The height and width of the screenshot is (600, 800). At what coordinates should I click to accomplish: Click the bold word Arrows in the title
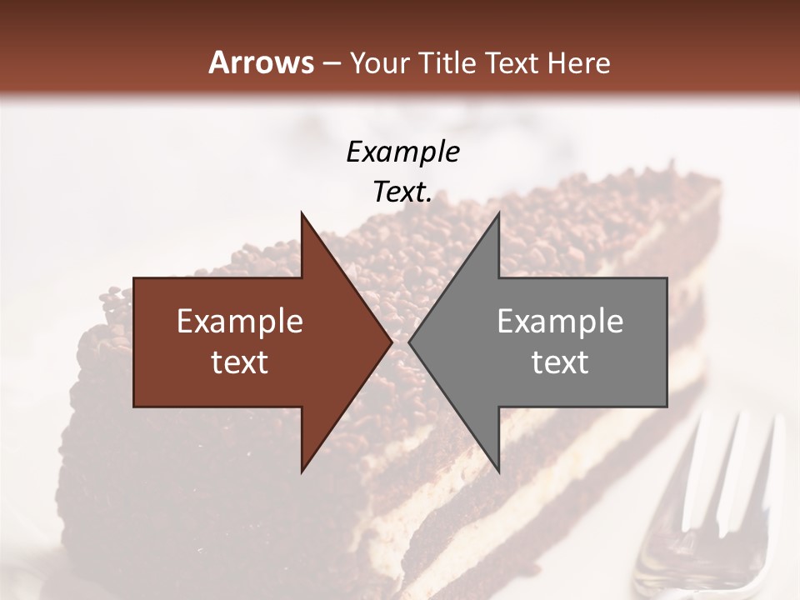pyautogui.click(x=261, y=62)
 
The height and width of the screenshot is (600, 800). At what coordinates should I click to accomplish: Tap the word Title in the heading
pyautogui.click(x=447, y=62)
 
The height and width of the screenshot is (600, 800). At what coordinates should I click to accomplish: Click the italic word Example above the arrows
pyautogui.click(x=402, y=152)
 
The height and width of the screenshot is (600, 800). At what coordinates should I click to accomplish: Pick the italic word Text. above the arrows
pyautogui.click(x=402, y=192)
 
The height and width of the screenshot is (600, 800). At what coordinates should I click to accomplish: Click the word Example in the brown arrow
pyautogui.click(x=240, y=321)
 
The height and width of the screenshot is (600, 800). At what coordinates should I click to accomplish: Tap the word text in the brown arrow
pyautogui.click(x=240, y=362)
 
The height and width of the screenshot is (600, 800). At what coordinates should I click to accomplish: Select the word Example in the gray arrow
pyautogui.click(x=560, y=321)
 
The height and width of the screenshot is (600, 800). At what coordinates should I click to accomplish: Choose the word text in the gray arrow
pyautogui.click(x=560, y=362)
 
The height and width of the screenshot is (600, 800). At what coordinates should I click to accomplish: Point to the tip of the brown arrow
pyautogui.click(x=391, y=342)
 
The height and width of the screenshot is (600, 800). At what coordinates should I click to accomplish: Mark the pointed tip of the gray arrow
pyautogui.click(x=410, y=342)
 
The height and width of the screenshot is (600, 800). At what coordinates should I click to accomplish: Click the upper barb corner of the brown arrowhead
pyautogui.click(x=302, y=213)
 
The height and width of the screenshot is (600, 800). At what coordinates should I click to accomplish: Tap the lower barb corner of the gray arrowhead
pyautogui.click(x=498, y=471)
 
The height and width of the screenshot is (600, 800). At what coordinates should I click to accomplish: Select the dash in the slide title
pyautogui.click(x=330, y=63)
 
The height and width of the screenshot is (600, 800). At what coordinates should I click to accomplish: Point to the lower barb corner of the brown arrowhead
pyautogui.click(x=302, y=471)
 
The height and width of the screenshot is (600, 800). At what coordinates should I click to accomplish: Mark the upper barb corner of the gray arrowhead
pyautogui.click(x=498, y=213)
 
